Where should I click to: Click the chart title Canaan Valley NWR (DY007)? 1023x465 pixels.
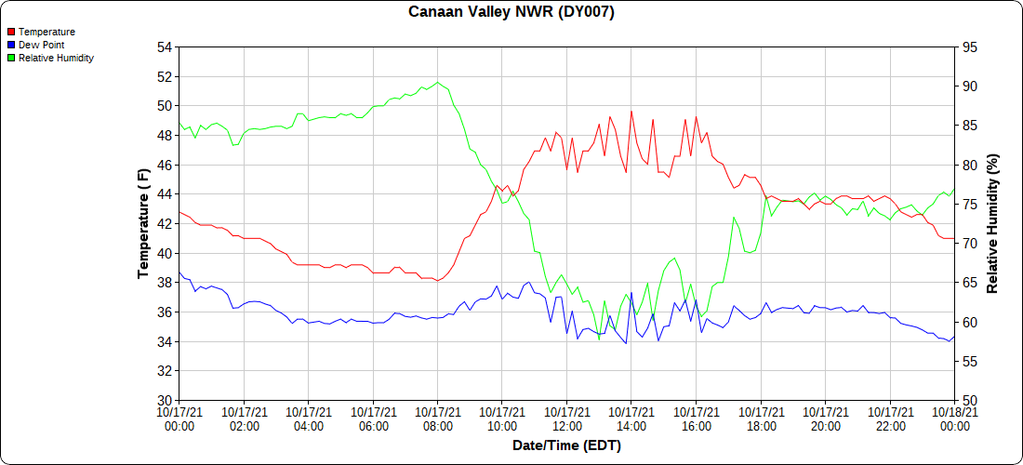(511, 12)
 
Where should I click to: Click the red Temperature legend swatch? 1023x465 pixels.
(11, 32)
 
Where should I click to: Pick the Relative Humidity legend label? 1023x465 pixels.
(56, 58)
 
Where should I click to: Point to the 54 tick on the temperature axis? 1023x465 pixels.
(165, 47)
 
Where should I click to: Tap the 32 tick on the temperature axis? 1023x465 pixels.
(165, 371)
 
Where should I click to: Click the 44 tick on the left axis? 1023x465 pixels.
(165, 194)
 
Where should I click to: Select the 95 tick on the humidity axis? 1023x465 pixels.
(968, 47)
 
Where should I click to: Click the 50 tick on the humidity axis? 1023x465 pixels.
(968, 401)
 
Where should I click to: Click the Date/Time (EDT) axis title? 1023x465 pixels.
(566, 445)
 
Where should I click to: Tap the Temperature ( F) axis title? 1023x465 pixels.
(143, 223)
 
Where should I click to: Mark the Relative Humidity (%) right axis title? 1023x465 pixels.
(992, 223)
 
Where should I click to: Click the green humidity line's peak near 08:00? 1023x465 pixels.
(438, 82)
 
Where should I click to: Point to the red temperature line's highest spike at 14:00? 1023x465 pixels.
(631, 112)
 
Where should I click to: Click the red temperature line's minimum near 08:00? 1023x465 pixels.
(437, 281)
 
